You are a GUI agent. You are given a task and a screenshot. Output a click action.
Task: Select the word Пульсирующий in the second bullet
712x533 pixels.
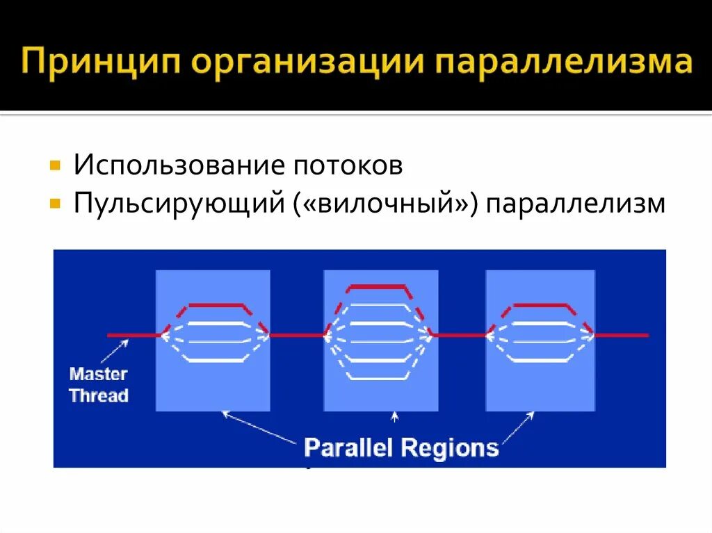click(181, 204)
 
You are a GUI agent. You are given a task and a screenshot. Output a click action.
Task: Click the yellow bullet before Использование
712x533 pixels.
click(55, 167)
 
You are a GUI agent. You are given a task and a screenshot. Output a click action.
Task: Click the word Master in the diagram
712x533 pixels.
click(99, 374)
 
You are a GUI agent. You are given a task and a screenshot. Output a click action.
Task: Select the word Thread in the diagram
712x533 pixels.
click(99, 396)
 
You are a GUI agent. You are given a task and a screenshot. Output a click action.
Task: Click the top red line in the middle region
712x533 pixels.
click(376, 286)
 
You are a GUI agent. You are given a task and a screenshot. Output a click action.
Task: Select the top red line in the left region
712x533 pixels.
click(215, 304)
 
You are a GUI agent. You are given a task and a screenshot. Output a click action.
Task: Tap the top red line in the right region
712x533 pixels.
click(540, 304)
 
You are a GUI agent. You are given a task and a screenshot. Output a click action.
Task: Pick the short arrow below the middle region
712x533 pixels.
click(395, 418)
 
